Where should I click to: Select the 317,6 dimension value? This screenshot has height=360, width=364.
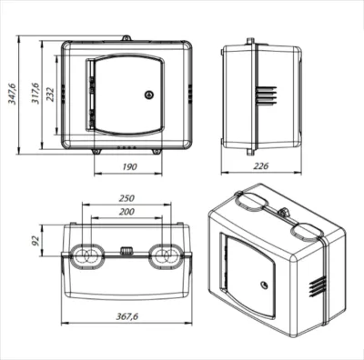tap(35, 94)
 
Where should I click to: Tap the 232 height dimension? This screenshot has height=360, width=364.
tap(49, 95)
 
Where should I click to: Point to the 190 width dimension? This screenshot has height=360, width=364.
tap(129, 166)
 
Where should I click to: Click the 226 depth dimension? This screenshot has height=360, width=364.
tap(261, 165)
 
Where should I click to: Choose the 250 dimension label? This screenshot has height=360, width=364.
tap(126, 198)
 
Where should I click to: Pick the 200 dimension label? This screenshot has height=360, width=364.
tap(126, 212)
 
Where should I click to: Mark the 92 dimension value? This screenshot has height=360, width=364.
tap(35, 240)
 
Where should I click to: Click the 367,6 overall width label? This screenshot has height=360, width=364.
tap(127, 316)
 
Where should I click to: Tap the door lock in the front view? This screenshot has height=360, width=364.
tap(149, 95)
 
